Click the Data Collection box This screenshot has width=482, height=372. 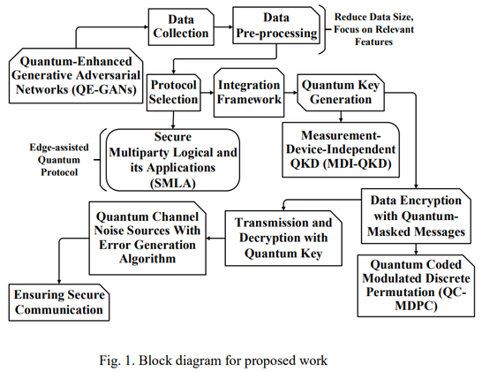(x=181, y=27)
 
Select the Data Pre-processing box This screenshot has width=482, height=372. (x=276, y=26)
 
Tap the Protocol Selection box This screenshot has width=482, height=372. (x=173, y=92)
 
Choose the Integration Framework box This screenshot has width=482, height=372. (x=249, y=92)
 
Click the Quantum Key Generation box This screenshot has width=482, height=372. (x=341, y=92)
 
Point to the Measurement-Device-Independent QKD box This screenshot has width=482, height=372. (x=341, y=150)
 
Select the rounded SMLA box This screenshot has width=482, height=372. (x=173, y=160)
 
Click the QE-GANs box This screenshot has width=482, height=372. (x=76, y=75)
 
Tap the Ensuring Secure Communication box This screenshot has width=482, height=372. (x=59, y=302)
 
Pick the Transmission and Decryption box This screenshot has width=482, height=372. (x=283, y=239)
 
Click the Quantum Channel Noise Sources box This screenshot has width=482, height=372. (x=147, y=239)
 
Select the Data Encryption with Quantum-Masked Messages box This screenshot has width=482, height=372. (x=416, y=216)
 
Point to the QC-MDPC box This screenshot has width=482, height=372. (x=416, y=285)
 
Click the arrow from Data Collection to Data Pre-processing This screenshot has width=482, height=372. (x=223, y=27)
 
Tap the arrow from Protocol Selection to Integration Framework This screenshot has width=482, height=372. (x=207, y=93)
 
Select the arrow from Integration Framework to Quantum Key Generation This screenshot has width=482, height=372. (x=290, y=92)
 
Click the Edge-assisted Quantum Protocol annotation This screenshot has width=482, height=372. (x=59, y=160)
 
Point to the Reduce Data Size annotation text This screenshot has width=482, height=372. (x=373, y=29)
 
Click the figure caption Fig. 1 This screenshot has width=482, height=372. (x=214, y=360)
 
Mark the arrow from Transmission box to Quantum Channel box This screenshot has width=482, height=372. (x=215, y=239)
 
